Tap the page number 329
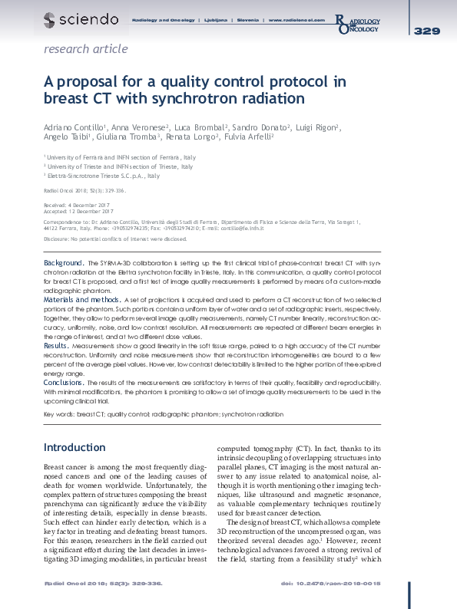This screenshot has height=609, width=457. (426, 31)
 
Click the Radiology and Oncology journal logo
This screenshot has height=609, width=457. (357, 24)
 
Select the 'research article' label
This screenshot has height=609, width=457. (86, 49)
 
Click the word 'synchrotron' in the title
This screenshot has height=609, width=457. (242, 99)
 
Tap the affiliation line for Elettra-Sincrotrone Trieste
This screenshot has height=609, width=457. (101, 176)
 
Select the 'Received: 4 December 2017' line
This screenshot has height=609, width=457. (78, 206)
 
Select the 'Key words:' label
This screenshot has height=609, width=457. (58, 413)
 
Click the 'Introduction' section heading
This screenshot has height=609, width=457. (74, 447)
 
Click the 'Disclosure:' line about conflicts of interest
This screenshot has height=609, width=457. (115, 239)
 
